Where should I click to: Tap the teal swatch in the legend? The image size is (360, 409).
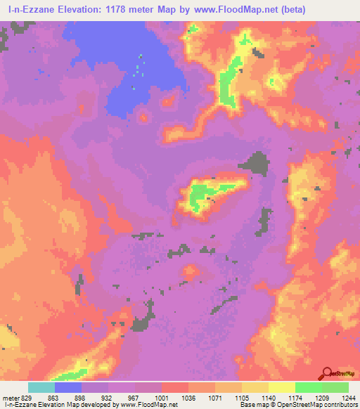(x=41, y=387)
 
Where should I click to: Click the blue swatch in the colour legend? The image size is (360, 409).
(x=67, y=387)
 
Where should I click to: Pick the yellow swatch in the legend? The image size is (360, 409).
(x=281, y=387)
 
